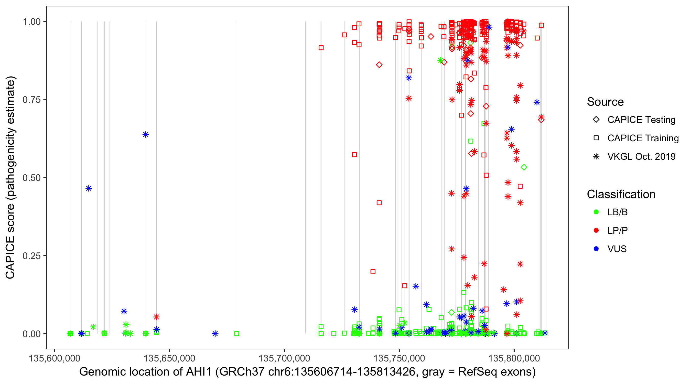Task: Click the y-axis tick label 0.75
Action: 31,100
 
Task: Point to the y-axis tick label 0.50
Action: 31,178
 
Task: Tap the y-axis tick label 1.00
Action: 31,22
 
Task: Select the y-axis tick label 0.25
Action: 31,256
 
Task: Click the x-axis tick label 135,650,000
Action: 169,358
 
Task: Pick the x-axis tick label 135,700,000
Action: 284,358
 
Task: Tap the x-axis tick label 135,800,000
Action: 514,358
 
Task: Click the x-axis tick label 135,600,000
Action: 55,358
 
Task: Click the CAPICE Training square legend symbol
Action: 596,138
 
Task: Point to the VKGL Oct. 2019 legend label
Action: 641,156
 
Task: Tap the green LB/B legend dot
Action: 596,212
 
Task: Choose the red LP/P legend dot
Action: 596,230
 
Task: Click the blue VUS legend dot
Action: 596,249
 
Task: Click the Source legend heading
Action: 605,102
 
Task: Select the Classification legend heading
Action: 621,194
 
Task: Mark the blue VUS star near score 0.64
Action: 146,134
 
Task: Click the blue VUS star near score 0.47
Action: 89,188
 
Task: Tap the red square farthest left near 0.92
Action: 321,48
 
